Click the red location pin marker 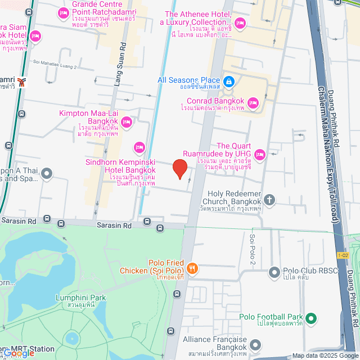click(x=179, y=168)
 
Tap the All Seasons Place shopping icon click(x=228, y=82)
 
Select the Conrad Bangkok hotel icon click(x=253, y=102)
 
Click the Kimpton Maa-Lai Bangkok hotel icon click(x=127, y=121)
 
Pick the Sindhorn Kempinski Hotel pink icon click(x=139, y=147)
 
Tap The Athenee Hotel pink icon click(x=241, y=22)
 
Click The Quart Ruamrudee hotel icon click(x=259, y=154)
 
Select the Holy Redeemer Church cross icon click(x=270, y=199)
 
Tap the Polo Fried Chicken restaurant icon click(x=193, y=268)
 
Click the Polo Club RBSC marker click(x=274, y=272)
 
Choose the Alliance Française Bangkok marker click(x=256, y=344)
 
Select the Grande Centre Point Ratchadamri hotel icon click(x=62, y=12)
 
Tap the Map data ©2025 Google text click(x=325, y=355)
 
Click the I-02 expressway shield click(x=343, y=255)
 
